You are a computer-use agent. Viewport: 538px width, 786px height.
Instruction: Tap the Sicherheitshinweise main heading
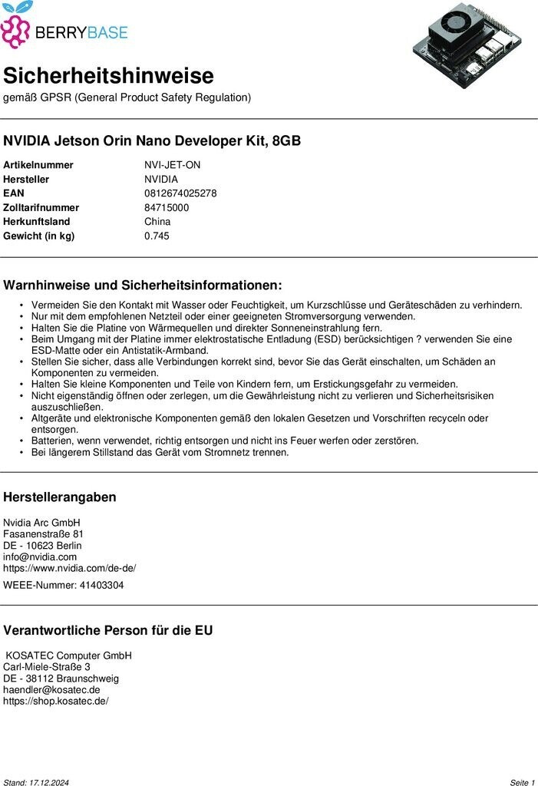(108, 76)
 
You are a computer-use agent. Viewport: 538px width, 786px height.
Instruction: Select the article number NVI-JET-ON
(172, 165)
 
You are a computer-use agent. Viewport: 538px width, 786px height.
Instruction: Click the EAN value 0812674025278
(180, 193)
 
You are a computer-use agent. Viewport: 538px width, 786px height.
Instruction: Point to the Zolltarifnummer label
(41, 208)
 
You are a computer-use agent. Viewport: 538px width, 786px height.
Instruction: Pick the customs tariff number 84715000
(167, 208)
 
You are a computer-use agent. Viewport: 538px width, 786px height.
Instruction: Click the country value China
(157, 222)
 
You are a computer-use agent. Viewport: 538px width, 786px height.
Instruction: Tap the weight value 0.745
(157, 236)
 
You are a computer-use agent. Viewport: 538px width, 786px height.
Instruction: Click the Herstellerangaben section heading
(60, 497)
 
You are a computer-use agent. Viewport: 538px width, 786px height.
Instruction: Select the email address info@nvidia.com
(40, 556)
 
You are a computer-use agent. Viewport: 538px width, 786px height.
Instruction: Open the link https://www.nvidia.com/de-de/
(69, 569)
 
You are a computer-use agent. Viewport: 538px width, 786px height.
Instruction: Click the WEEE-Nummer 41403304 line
(63, 586)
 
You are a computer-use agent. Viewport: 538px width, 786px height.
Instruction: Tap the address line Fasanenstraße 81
(43, 534)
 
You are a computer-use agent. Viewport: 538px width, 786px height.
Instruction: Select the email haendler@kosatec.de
(51, 690)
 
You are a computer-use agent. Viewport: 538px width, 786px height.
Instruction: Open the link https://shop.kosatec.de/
(56, 702)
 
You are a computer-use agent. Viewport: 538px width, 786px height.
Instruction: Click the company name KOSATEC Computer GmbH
(69, 656)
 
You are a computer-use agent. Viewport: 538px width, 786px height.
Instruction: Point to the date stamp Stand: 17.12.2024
(36, 782)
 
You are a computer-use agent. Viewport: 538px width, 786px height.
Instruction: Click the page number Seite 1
(522, 782)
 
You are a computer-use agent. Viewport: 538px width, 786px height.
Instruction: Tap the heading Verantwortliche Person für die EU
(108, 631)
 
